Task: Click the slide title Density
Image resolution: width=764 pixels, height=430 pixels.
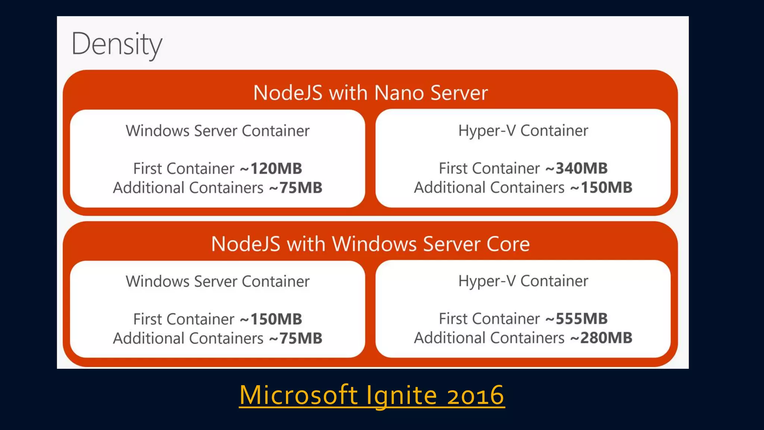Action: click(117, 44)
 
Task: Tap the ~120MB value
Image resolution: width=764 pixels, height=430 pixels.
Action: click(271, 168)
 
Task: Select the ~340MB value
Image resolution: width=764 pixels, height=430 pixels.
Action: click(576, 168)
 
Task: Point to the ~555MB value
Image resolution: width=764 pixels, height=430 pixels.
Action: click(576, 319)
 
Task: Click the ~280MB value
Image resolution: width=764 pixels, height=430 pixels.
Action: click(601, 338)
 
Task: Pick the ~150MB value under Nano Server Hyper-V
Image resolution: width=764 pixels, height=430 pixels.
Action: click(601, 187)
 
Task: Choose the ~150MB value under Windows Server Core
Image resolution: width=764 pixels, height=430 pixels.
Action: click(271, 319)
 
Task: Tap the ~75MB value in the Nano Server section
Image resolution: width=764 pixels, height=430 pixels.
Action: click(295, 188)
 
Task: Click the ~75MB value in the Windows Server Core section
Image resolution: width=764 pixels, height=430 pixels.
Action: click(295, 339)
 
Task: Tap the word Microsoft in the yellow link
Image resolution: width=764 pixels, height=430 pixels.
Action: click(298, 395)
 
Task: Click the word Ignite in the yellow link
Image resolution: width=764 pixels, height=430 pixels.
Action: click(401, 395)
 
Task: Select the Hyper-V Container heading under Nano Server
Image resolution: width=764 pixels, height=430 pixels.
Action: click(523, 131)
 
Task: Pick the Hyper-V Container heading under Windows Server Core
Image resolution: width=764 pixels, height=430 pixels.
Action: click(523, 281)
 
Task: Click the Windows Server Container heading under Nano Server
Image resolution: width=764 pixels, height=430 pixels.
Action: click(217, 131)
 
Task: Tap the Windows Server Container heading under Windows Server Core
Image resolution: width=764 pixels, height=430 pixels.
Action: click(217, 281)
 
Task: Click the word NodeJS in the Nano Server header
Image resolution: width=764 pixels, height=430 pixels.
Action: click(288, 93)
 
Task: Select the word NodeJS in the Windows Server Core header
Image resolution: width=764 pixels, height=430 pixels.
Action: click(245, 244)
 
